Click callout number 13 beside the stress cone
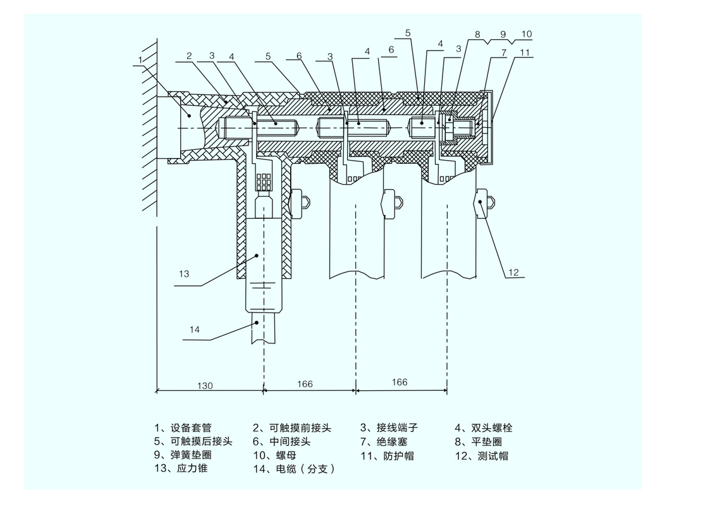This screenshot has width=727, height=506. tap(184, 274)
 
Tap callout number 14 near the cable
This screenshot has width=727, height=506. tap(195, 328)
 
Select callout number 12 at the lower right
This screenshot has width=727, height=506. tap(513, 273)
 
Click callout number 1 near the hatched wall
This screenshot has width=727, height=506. tap(140, 60)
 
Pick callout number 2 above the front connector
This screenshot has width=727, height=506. tap(189, 56)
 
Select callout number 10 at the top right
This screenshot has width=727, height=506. tap(527, 34)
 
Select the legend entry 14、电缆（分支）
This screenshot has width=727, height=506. tap(293, 469)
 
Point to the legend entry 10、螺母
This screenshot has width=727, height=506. tap(274, 455)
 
